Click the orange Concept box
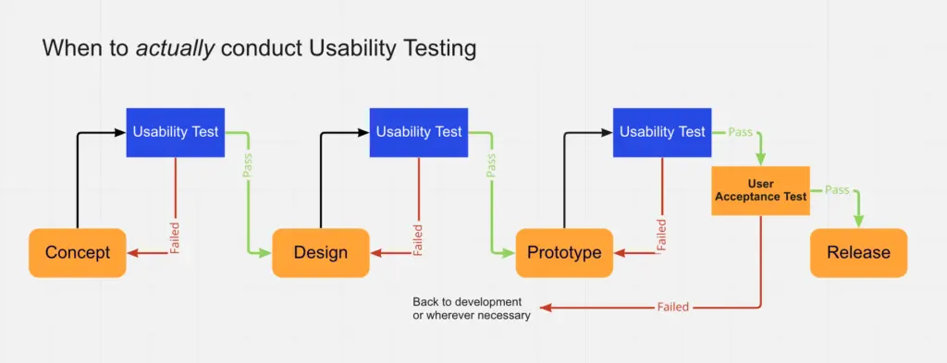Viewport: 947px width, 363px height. (78, 252)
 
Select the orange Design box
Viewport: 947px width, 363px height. (321, 252)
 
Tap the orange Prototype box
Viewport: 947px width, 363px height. (564, 252)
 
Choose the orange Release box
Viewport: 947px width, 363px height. (858, 252)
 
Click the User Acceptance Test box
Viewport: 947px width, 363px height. (760, 190)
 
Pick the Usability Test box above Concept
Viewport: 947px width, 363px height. (176, 132)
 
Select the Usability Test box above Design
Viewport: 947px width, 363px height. (419, 132)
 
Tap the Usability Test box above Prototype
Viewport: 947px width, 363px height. (662, 132)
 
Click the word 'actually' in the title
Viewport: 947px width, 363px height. (176, 49)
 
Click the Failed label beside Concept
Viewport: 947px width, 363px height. (175, 236)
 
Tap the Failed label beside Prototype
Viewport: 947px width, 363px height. (661, 235)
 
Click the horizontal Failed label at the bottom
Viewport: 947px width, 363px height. (673, 307)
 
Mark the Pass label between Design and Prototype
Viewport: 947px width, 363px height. (491, 163)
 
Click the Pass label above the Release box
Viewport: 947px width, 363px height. (837, 190)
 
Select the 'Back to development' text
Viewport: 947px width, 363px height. (467, 303)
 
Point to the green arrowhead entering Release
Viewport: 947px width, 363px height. (858, 222)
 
